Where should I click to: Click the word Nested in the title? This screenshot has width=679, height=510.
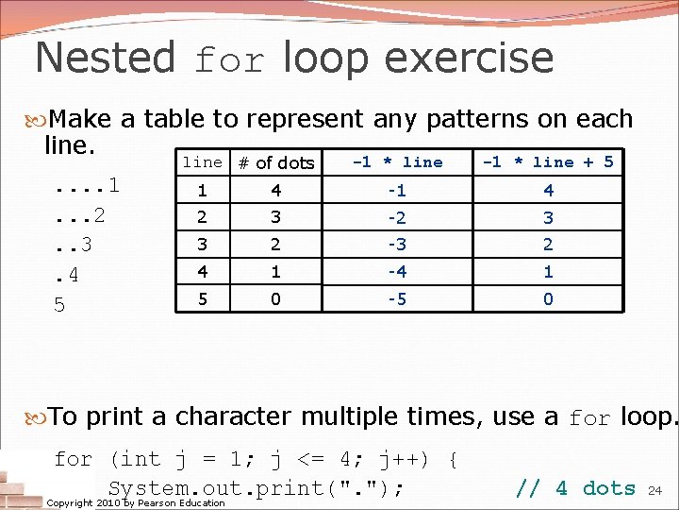pyautogui.click(x=105, y=58)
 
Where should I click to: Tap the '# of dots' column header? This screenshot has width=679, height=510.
pyautogui.click(x=275, y=163)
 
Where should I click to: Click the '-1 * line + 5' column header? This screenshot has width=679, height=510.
pyautogui.click(x=548, y=161)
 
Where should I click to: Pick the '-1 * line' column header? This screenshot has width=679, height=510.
pyautogui.click(x=397, y=161)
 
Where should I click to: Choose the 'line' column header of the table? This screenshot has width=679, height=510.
pyautogui.click(x=202, y=162)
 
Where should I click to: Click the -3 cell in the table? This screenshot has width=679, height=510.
pyautogui.click(x=397, y=245)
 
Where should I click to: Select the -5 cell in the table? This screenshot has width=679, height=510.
pyautogui.click(x=397, y=299)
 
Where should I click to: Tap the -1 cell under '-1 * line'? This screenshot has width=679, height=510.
pyautogui.click(x=397, y=191)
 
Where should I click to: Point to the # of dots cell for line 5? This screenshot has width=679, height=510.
pyautogui.click(x=275, y=299)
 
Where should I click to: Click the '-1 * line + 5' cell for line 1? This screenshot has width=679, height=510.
pyautogui.click(x=548, y=191)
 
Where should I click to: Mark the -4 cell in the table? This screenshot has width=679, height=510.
pyautogui.click(x=397, y=272)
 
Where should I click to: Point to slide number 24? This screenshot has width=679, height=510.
pyautogui.click(x=657, y=490)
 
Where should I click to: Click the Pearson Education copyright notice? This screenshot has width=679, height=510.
pyautogui.click(x=136, y=503)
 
